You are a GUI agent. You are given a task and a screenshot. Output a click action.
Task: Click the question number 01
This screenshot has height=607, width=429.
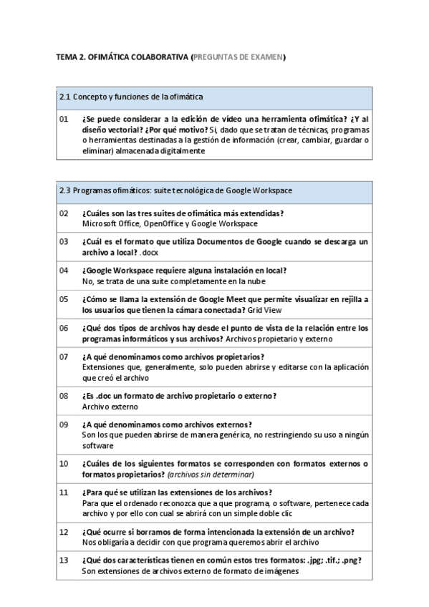(x=64, y=120)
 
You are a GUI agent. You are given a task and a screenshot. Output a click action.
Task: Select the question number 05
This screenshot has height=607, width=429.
(x=64, y=298)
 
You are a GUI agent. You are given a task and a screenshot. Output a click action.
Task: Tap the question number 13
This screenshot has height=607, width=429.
(x=64, y=560)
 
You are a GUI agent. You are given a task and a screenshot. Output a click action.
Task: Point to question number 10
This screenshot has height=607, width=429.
(x=64, y=463)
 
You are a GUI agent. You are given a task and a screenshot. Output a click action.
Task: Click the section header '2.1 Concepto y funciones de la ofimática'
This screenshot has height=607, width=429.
(x=131, y=97)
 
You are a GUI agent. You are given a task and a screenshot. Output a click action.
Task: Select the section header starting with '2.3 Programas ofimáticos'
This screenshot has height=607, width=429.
(x=175, y=191)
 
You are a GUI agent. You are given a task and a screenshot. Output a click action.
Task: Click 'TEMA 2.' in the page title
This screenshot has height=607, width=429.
(x=70, y=57)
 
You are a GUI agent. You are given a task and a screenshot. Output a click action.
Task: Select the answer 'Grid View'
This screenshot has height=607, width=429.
(x=266, y=311)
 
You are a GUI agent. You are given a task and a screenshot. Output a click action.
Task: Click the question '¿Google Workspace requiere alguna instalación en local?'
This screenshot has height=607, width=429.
(x=184, y=270)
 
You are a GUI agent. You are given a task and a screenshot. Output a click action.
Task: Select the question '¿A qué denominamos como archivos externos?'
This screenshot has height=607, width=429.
(x=166, y=424)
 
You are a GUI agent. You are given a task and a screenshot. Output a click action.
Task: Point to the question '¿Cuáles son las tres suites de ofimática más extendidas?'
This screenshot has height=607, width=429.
(x=183, y=213)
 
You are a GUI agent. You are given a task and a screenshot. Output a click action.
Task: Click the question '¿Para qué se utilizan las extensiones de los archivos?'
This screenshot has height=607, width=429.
(x=177, y=492)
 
